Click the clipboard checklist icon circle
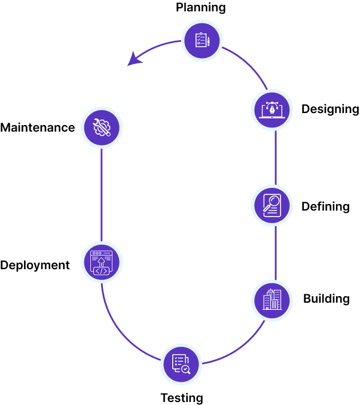point(202,41)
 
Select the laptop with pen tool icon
point(272,110)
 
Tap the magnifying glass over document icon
point(272,205)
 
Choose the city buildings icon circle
point(272,300)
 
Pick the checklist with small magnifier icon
point(181,364)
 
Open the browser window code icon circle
point(102,262)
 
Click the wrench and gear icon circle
point(102,127)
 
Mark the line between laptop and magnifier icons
point(276,157)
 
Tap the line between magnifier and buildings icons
point(276,252)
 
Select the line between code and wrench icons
point(102,194)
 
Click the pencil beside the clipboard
point(209,41)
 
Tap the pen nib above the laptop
point(272,108)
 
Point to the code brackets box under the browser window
point(101,271)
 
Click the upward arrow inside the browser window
point(101,261)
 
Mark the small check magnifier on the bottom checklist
point(185,369)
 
